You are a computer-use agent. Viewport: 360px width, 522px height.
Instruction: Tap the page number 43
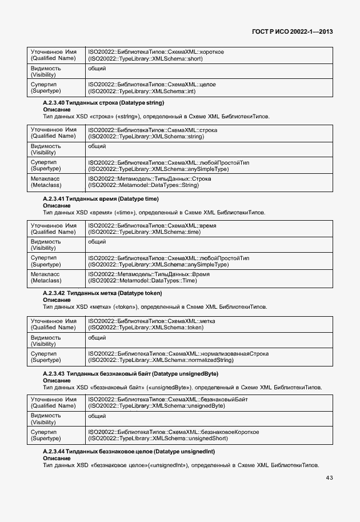click(329, 478)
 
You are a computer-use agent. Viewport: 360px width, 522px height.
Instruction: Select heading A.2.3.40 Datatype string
click(103, 103)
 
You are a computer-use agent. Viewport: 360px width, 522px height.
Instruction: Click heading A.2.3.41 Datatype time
click(101, 199)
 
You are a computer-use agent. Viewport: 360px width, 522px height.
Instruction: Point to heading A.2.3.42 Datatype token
click(102, 293)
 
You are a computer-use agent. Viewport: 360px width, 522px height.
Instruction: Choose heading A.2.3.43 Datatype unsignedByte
click(130, 374)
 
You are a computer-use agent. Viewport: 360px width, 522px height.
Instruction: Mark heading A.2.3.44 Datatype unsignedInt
click(129, 452)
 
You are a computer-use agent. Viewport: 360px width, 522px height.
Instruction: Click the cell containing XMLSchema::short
click(209, 55)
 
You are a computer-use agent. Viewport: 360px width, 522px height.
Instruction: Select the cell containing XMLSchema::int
click(209, 87)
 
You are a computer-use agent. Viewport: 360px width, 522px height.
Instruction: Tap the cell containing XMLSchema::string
click(209, 133)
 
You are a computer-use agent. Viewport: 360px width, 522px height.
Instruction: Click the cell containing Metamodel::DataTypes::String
click(209, 182)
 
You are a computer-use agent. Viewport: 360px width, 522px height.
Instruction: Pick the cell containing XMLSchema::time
click(209, 229)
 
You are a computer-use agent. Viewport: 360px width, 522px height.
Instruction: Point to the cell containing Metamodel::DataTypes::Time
click(209, 277)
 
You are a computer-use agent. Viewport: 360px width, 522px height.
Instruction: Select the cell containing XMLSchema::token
click(209, 324)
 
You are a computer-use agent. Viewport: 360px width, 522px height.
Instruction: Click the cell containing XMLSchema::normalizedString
click(209, 357)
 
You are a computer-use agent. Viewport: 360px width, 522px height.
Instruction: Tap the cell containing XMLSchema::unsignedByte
click(209, 403)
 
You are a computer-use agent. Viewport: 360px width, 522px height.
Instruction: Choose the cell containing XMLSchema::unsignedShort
click(209, 435)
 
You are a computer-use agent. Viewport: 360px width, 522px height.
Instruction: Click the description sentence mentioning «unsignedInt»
click(181, 465)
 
